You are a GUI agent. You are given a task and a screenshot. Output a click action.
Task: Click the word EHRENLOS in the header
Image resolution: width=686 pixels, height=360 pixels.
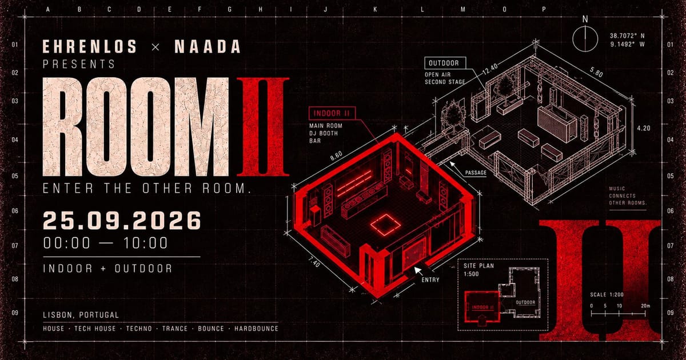pos(89,46)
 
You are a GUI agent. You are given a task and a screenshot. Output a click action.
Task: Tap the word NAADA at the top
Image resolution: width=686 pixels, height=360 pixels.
pos(208,46)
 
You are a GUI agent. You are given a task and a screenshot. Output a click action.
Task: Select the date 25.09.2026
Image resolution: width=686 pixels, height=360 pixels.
pos(122,221)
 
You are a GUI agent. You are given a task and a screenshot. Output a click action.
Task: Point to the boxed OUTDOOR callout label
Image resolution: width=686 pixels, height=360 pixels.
pos(445,63)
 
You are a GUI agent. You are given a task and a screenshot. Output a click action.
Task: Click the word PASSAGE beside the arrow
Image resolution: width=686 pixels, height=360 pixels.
pos(476,173)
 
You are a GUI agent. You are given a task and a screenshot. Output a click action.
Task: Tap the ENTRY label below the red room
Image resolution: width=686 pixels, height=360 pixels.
pos(430,279)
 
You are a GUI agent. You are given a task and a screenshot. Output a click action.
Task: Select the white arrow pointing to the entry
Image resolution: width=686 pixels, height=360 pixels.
pos(418,271)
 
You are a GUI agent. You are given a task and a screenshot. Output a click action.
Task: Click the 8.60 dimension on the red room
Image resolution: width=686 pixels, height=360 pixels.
pos(336,155)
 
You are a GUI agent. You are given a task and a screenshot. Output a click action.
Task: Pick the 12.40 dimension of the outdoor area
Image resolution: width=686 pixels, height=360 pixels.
pos(490,69)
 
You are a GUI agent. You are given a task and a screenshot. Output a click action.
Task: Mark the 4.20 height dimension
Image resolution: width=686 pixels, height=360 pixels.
pos(644,128)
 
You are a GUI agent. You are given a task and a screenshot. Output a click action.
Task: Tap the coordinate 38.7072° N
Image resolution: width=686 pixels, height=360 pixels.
pos(627,36)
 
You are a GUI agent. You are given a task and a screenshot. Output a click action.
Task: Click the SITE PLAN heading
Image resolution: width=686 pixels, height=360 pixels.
pos(478,266)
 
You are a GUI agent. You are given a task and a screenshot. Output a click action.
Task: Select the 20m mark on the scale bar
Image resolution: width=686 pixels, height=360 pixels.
pos(645,306)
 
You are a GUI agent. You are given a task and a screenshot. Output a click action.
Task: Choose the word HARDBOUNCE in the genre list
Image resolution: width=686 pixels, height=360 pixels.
pos(256,329)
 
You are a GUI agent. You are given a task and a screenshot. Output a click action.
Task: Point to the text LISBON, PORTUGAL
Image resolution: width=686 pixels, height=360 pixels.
pos(81,315)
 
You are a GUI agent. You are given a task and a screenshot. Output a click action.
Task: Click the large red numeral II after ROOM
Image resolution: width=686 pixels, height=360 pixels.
pos(263,127)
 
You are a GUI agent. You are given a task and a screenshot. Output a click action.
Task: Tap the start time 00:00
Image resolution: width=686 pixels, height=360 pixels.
pos(67,243)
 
